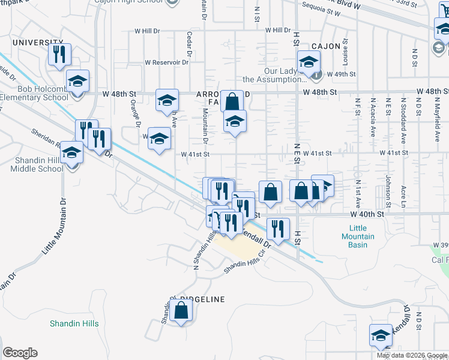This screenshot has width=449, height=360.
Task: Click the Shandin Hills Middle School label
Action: (x=36, y=164)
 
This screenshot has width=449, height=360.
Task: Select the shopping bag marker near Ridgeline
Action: (x=181, y=311)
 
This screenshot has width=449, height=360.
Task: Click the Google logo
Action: (x=20, y=353)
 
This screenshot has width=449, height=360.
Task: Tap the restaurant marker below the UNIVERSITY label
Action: (x=59, y=55)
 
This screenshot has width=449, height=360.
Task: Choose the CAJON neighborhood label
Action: (x=326, y=46)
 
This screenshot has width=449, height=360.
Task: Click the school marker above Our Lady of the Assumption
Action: (x=309, y=62)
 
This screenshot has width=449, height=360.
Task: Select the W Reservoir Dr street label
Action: (x=167, y=62)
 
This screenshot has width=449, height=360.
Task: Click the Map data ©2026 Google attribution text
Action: (x=412, y=355)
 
